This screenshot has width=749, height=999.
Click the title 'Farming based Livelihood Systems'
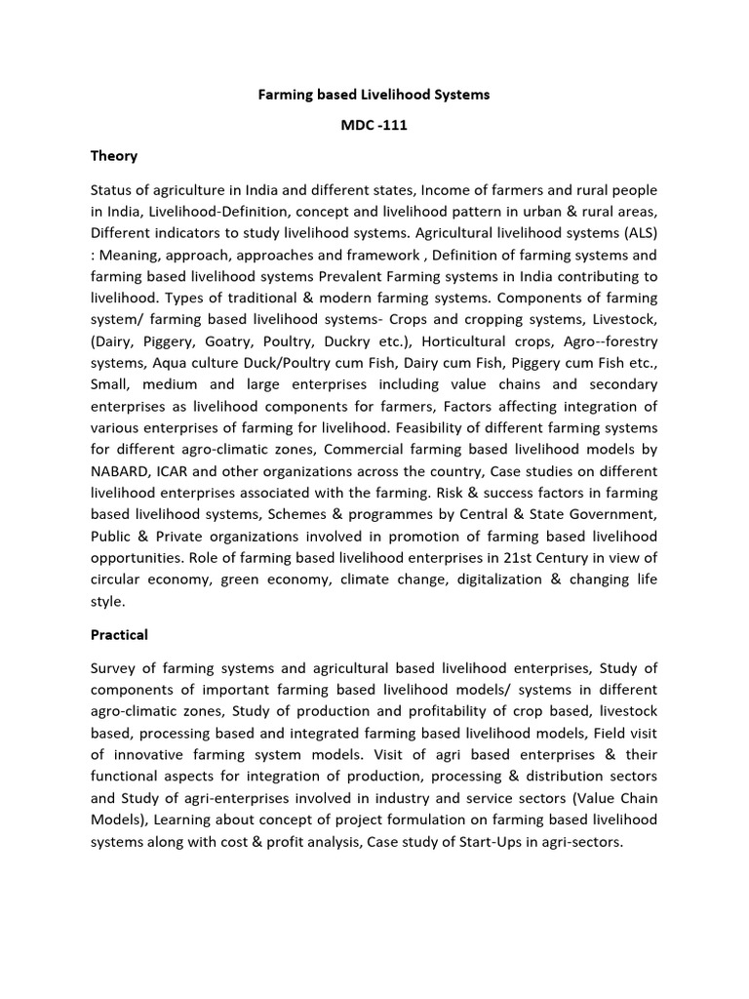[x=374, y=95]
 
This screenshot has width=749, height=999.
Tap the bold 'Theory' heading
[x=114, y=156]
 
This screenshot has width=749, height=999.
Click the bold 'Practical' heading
[x=119, y=635]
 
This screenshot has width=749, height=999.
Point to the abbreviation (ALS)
[x=636, y=233]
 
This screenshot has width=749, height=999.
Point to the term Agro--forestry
[x=613, y=341]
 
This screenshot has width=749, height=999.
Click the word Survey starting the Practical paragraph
[x=116, y=667]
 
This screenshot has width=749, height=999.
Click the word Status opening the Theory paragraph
[x=113, y=189]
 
